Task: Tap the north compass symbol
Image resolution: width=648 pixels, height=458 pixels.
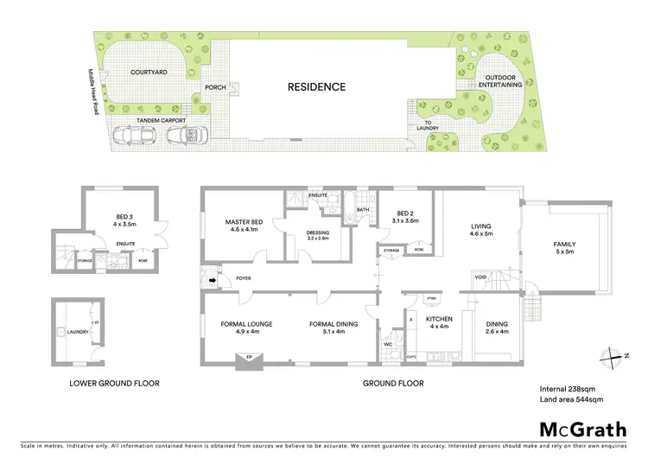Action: click(x=613, y=354)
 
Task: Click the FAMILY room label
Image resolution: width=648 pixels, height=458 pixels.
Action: click(x=564, y=248)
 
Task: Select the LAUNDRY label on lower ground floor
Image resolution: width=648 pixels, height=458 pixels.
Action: click(x=72, y=331)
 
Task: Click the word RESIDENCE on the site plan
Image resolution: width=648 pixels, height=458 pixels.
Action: click(x=316, y=86)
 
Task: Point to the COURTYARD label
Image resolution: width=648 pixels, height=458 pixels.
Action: click(x=147, y=73)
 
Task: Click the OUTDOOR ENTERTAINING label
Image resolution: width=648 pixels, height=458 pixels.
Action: click(x=502, y=81)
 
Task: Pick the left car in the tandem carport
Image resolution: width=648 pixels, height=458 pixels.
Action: click(x=132, y=135)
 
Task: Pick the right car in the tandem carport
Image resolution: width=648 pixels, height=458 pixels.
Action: click(x=183, y=135)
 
